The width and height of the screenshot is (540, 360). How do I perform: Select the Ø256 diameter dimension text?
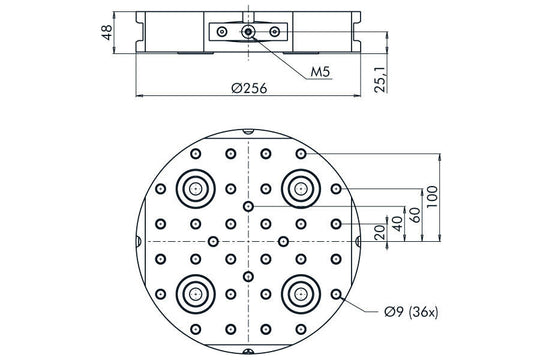click(248, 88)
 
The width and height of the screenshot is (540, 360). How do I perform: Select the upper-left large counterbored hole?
click(194, 187)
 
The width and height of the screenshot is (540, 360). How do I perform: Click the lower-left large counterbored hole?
click(194, 294)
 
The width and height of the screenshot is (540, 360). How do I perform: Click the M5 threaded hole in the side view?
click(247, 33)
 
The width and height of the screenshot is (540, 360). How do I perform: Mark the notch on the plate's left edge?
click(137, 241)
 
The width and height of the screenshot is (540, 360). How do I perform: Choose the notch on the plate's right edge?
click(358, 241)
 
